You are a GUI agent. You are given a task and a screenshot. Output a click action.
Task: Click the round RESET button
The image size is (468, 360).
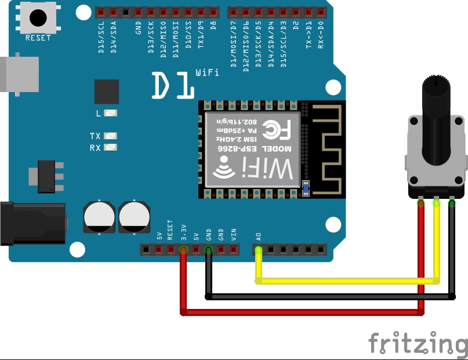tap(38, 17)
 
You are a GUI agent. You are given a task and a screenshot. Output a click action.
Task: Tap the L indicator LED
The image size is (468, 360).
tap(111, 113)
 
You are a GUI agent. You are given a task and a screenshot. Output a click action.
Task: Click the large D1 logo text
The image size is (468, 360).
tap(173, 86)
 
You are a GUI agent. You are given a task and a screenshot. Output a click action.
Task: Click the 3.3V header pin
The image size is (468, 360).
tap(183, 250)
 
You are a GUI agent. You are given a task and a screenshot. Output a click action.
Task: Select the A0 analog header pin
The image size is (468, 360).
tap(259, 250)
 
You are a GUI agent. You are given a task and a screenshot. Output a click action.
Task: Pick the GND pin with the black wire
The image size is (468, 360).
tap(209, 250)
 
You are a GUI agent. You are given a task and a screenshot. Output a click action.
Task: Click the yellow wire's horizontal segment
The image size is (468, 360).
tap(348, 281)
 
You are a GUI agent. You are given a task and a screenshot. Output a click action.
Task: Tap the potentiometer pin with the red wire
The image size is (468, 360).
tap(420, 202)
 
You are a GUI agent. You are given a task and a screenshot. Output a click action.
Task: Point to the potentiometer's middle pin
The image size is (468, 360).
tap(436, 202)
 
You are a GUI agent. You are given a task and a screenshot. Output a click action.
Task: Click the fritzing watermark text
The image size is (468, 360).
tap(418, 343)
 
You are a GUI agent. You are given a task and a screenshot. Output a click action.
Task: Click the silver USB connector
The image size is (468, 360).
tap(17, 74)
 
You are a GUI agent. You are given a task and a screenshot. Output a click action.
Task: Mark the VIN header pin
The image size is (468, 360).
tap(234, 250)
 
